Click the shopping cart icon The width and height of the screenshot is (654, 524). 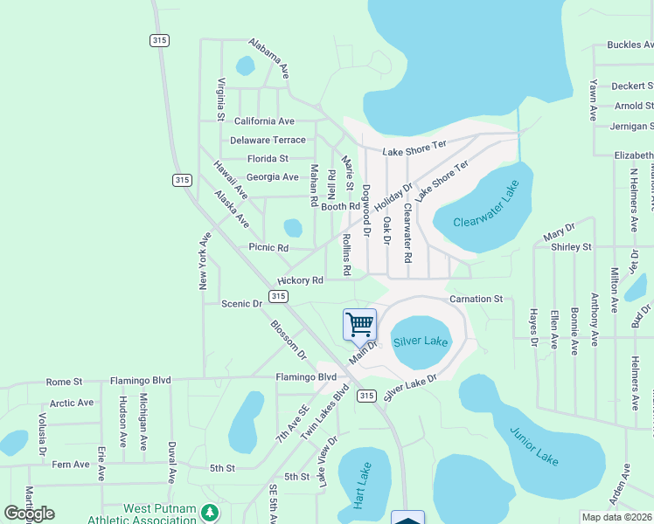pos(360,325)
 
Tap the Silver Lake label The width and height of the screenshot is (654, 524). pos(421,341)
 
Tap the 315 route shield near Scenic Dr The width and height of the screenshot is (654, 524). pos(278,297)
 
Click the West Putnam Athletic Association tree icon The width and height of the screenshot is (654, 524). pos(208,511)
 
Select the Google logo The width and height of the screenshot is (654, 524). pos(29,514)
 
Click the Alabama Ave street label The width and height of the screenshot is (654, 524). pos(268,59)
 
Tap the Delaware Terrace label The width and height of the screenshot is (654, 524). pos(268,140)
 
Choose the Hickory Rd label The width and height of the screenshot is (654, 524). pos(301,280)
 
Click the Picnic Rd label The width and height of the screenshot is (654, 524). pos(268,248)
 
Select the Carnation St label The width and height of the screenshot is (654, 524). pos(477,299)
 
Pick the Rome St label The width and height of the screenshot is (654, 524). pos(64,382)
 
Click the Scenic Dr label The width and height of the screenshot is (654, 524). pos(242,304)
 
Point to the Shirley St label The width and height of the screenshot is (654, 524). pos(571,247)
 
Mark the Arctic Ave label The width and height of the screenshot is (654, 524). pos(72,403)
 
